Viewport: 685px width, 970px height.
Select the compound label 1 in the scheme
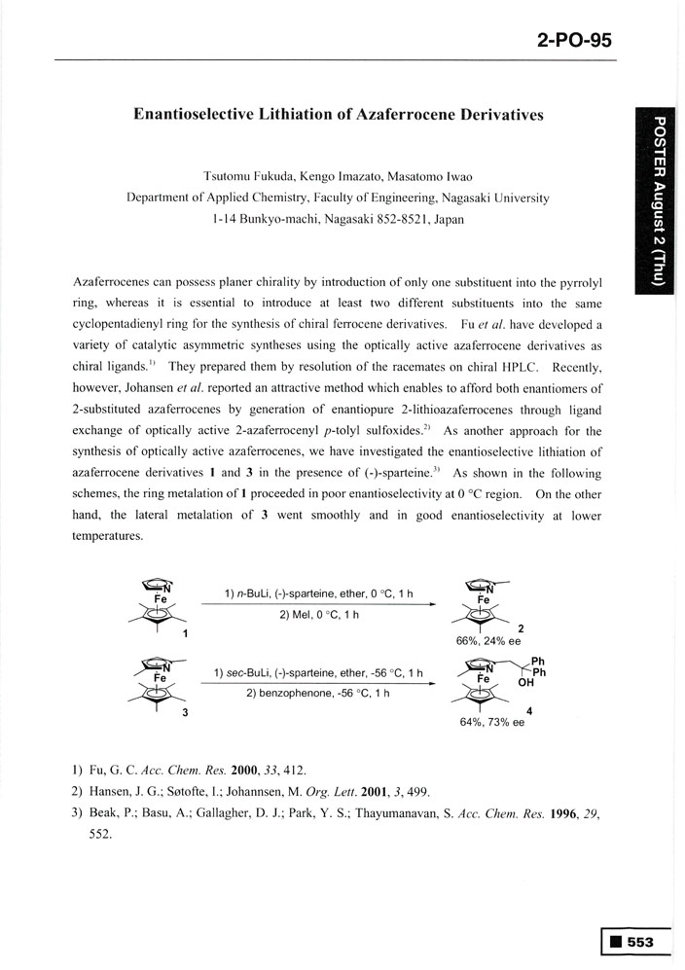coord(185,634)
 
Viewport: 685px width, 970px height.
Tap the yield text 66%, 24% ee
coord(490,642)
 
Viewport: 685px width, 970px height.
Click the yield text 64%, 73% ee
coord(491,723)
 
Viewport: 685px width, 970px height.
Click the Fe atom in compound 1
coord(161,600)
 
